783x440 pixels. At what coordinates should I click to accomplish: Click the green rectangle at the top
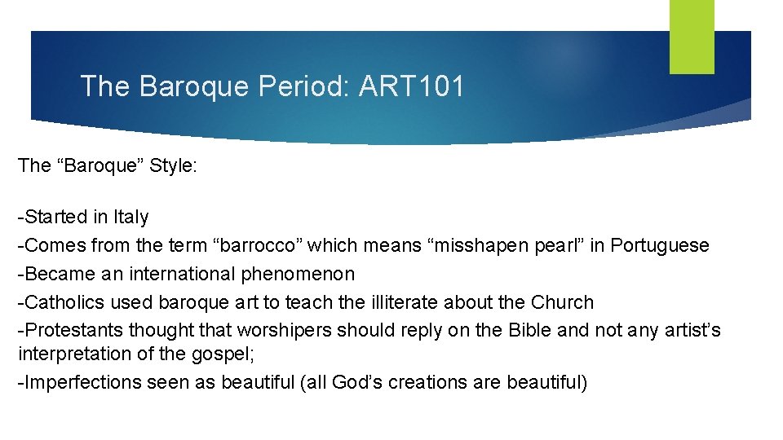692,37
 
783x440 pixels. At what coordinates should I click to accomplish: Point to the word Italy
131,217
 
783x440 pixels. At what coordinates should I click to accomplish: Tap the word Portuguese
660,245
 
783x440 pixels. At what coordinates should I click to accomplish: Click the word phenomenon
298,274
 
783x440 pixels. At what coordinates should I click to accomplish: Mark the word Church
563,302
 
